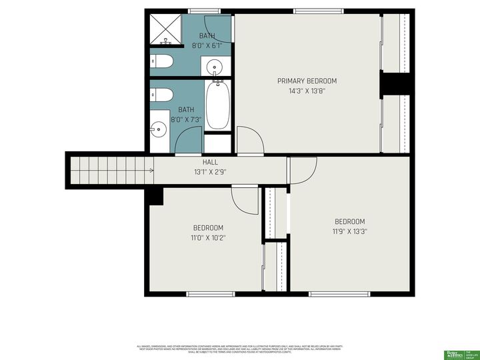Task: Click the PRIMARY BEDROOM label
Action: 307,81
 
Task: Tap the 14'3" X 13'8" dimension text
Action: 307,91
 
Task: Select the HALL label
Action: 210,162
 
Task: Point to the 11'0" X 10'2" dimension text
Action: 208,237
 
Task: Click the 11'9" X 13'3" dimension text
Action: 349,231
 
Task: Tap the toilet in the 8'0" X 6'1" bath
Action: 162,62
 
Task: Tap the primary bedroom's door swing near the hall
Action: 250,140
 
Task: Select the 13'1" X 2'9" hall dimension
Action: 210,172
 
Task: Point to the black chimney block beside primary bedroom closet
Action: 394,85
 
